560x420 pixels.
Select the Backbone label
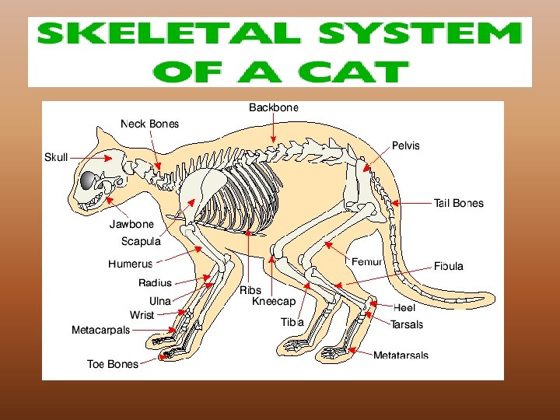tap(273, 107)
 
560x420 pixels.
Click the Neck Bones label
tap(149, 124)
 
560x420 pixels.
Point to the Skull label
tap(56, 157)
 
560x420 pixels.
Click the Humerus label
tap(130, 264)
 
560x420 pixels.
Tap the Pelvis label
tap(405, 145)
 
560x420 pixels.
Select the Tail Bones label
tap(458, 203)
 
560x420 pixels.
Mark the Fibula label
tap(448, 266)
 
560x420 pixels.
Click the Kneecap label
tap(274, 302)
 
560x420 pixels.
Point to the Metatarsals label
tap(400, 356)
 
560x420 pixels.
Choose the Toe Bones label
tap(112, 364)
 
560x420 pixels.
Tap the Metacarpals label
tap(100, 330)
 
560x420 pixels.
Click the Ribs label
tap(250, 290)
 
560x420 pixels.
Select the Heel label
tap(404, 308)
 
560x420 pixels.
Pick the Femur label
tap(366, 262)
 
